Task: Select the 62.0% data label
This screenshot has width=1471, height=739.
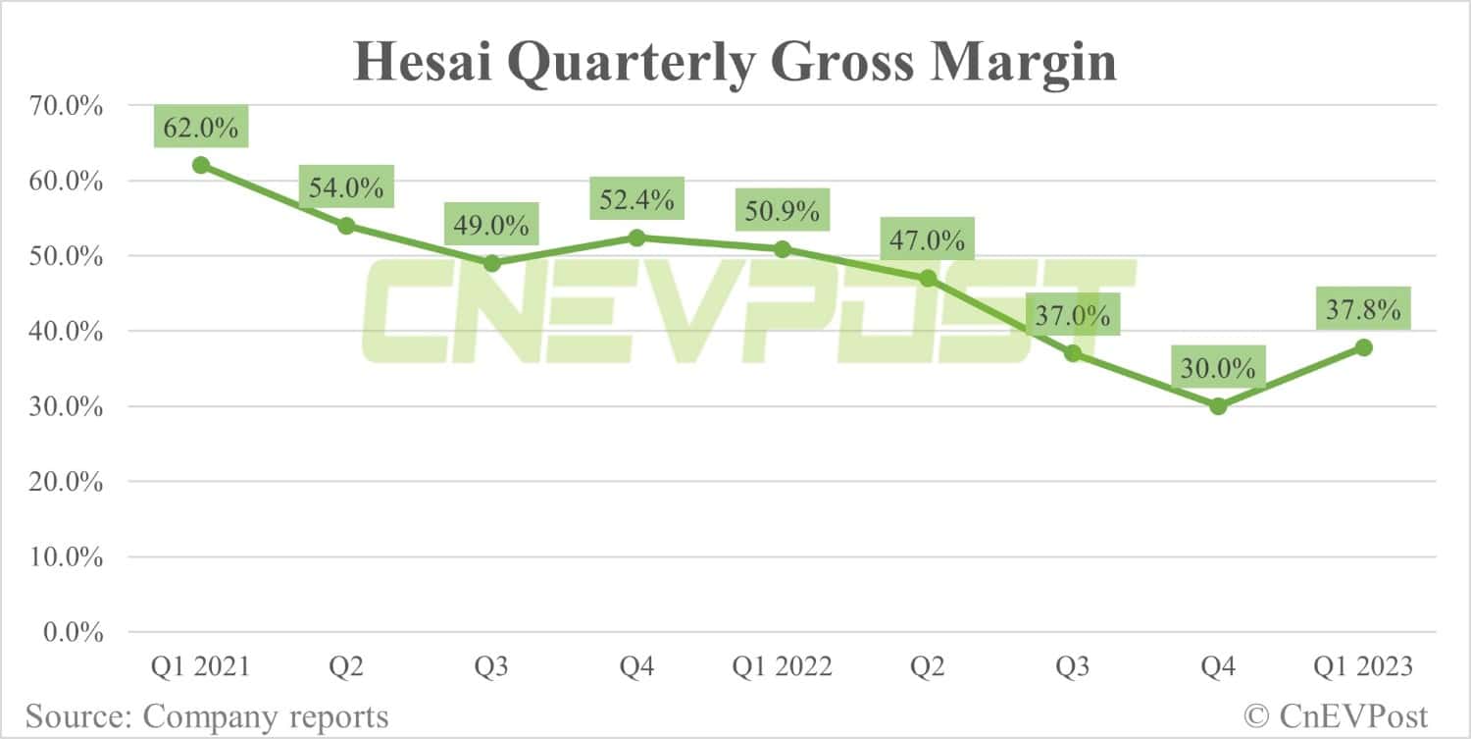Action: [x=201, y=128]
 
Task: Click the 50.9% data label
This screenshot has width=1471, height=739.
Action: [x=782, y=211]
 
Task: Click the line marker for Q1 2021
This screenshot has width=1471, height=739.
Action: [x=201, y=165]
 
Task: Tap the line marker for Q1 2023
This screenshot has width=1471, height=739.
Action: [x=1363, y=347]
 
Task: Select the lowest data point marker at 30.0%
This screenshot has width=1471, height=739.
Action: [x=1218, y=406]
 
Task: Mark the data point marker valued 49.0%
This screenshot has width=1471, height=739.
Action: [x=491, y=263]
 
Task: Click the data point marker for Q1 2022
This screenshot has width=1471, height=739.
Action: [x=782, y=249]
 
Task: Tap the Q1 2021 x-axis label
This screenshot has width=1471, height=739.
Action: [x=201, y=667]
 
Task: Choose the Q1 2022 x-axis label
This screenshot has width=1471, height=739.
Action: [x=782, y=667]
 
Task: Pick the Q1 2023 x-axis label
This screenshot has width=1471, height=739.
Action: [x=1363, y=667]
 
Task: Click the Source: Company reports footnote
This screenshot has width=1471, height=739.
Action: [x=207, y=715]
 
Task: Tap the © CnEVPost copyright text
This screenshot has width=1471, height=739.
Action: [x=1336, y=715]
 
